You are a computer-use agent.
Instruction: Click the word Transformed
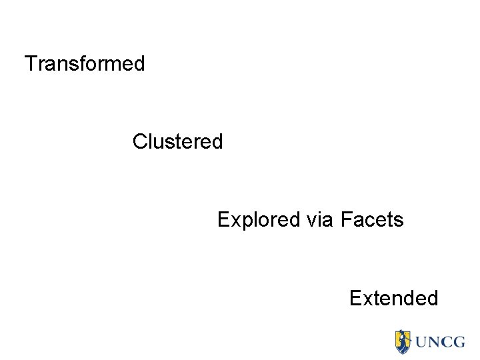tap(85, 64)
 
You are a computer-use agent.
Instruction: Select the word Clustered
tap(177, 142)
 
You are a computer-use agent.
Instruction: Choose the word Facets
tap(372, 220)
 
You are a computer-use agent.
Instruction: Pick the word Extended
tap(393, 298)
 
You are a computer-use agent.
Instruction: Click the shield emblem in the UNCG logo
tap(403, 341)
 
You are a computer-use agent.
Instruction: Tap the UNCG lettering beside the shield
tap(440, 342)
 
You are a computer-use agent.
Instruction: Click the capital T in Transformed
tap(31, 64)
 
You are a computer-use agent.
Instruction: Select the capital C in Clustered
tap(139, 142)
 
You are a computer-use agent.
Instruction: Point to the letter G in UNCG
tap(458, 342)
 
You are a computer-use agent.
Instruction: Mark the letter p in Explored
tap(243, 222)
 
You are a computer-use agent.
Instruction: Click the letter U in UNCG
tap(423, 342)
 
